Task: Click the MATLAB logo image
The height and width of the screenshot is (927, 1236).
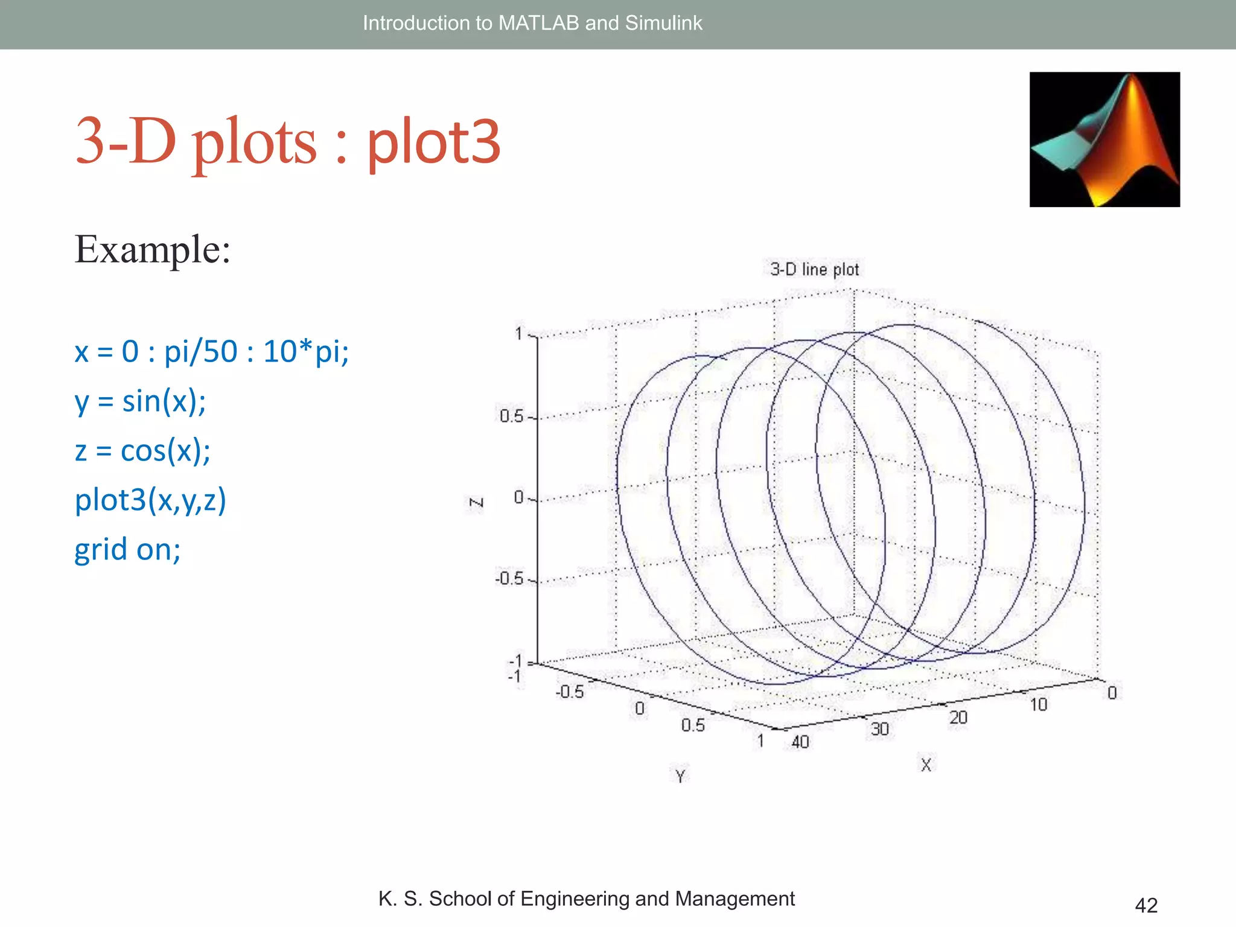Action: pyautogui.click(x=1104, y=139)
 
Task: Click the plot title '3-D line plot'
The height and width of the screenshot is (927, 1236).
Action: pyautogui.click(x=814, y=269)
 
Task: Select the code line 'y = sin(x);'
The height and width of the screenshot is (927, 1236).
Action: pyautogui.click(x=140, y=401)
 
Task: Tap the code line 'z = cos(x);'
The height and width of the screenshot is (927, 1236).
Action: pyautogui.click(x=142, y=451)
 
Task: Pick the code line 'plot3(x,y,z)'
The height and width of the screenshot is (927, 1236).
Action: pyautogui.click(x=150, y=500)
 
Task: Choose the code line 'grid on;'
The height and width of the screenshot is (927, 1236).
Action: pyautogui.click(x=127, y=549)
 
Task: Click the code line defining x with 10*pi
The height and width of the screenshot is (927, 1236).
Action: pyautogui.click(x=211, y=351)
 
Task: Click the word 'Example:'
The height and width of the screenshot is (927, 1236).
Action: pyautogui.click(x=152, y=249)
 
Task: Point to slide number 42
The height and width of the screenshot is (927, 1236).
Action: pyautogui.click(x=1146, y=905)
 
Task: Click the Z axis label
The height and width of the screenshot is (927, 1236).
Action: pyautogui.click(x=476, y=503)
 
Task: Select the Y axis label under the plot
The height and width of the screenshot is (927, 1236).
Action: pyautogui.click(x=680, y=776)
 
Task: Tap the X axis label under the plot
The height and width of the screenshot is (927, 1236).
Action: pyautogui.click(x=926, y=765)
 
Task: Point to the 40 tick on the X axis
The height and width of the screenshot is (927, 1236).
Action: pyautogui.click(x=800, y=742)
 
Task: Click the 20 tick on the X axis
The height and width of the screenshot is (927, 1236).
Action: pyautogui.click(x=958, y=718)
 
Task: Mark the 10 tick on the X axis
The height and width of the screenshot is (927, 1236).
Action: pyautogui.click(x=1038, y=704)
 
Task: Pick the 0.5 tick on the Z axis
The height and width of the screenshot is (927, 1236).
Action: pyautogui.click(x=511, y=416)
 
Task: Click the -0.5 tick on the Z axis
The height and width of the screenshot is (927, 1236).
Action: pyautogui.click(x=509, y=579)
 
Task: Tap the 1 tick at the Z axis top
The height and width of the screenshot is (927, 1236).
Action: pyautogui.click(x=518, y=333)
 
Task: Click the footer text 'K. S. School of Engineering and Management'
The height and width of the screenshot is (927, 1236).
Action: pyautogui.click(x=586, y=899)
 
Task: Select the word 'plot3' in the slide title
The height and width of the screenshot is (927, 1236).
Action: pyautogui.click(x=434, y=142)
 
